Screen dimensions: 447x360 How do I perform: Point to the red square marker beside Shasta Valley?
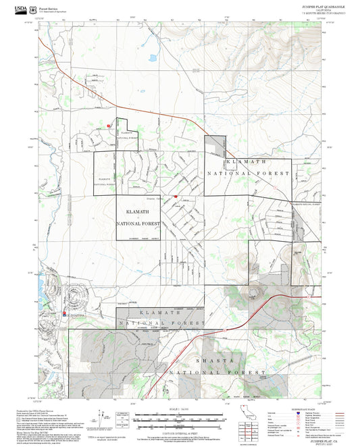[175, 196]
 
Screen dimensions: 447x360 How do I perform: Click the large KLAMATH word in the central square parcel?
[138, 211]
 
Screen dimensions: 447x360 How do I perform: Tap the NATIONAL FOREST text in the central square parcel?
[138, 223]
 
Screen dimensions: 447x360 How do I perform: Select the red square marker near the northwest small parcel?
[108, 125]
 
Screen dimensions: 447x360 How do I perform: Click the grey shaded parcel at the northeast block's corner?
[215, 145]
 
